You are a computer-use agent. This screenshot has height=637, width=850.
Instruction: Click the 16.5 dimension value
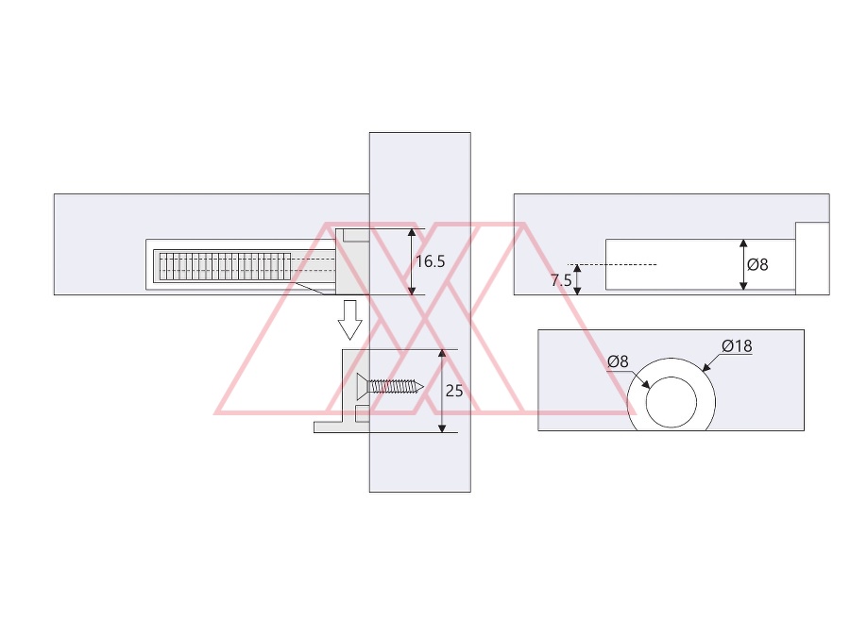[430, 261]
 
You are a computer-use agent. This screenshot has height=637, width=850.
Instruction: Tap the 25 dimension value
[453, 391]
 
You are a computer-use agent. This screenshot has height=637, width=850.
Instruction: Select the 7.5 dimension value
[560, 280]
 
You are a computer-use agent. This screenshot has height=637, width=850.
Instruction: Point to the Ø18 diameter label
[737, 345]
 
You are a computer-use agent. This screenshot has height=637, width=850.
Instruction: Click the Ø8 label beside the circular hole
[618, 361]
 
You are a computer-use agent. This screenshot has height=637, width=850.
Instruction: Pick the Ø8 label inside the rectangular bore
[757, 264]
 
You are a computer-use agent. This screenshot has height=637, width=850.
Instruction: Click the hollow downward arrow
[349, 320]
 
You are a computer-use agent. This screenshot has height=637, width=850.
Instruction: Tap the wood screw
[390, 387]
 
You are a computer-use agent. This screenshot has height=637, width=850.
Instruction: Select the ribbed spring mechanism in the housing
[225, 266]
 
